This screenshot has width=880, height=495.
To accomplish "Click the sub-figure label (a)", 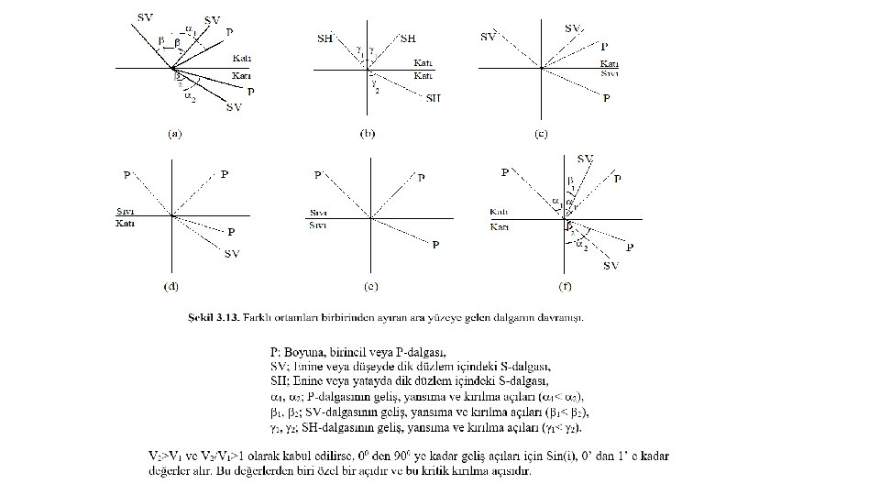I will click(175, 134).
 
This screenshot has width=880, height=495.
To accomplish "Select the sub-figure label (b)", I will click(367, 134).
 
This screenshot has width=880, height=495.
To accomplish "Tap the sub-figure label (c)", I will click(541, 134).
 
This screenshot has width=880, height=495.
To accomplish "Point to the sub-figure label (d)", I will click(171, 287).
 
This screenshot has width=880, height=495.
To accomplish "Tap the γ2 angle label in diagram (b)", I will click(377, 88).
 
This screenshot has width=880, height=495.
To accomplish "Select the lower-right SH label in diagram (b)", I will click(433, 98).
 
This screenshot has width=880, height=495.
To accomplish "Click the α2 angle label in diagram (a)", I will click(189, 93).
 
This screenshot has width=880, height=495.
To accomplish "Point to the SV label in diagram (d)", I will click(233, 254).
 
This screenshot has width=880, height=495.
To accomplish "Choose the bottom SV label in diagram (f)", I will click(610, 266).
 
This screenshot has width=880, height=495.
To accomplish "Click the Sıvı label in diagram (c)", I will click(610, 72).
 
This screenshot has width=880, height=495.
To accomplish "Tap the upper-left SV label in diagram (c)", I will click(489, 37).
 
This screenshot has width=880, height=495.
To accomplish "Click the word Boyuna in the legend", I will click(302, 350).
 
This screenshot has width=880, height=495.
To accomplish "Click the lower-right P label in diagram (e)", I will click(435, 245).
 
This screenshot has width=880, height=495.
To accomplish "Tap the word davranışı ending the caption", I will click(562, 318).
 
